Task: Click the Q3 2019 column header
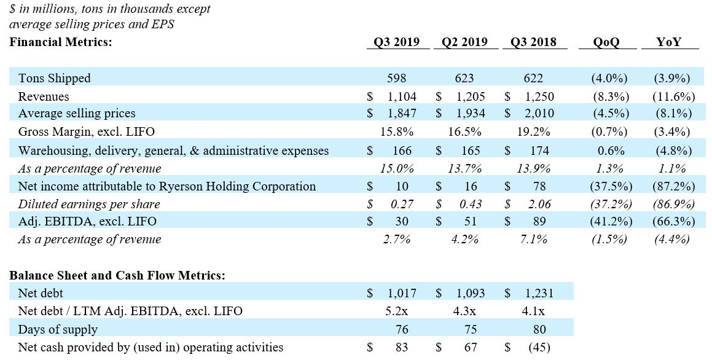pos(396,42)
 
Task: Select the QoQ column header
pos(606,42)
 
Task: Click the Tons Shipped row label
pos(55,78)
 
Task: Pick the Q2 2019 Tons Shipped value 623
pos(464,78)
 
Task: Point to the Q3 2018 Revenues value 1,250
pos(539,96)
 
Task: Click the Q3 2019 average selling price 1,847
pos(402,113)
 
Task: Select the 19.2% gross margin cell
pos(534,131)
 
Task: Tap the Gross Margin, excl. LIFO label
pos(86,131)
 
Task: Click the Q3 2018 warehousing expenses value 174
pos(539,151)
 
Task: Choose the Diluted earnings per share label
pos(89,205)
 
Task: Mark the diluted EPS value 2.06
pos(539,205)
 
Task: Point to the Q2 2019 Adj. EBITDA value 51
pos(471,221)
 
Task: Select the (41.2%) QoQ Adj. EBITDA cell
pos(611,221)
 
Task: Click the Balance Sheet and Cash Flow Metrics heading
pos(117,275)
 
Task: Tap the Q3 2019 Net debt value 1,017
pos(402,293)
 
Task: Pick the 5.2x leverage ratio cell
pos(396,311)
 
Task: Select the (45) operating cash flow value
pos(539,347)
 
